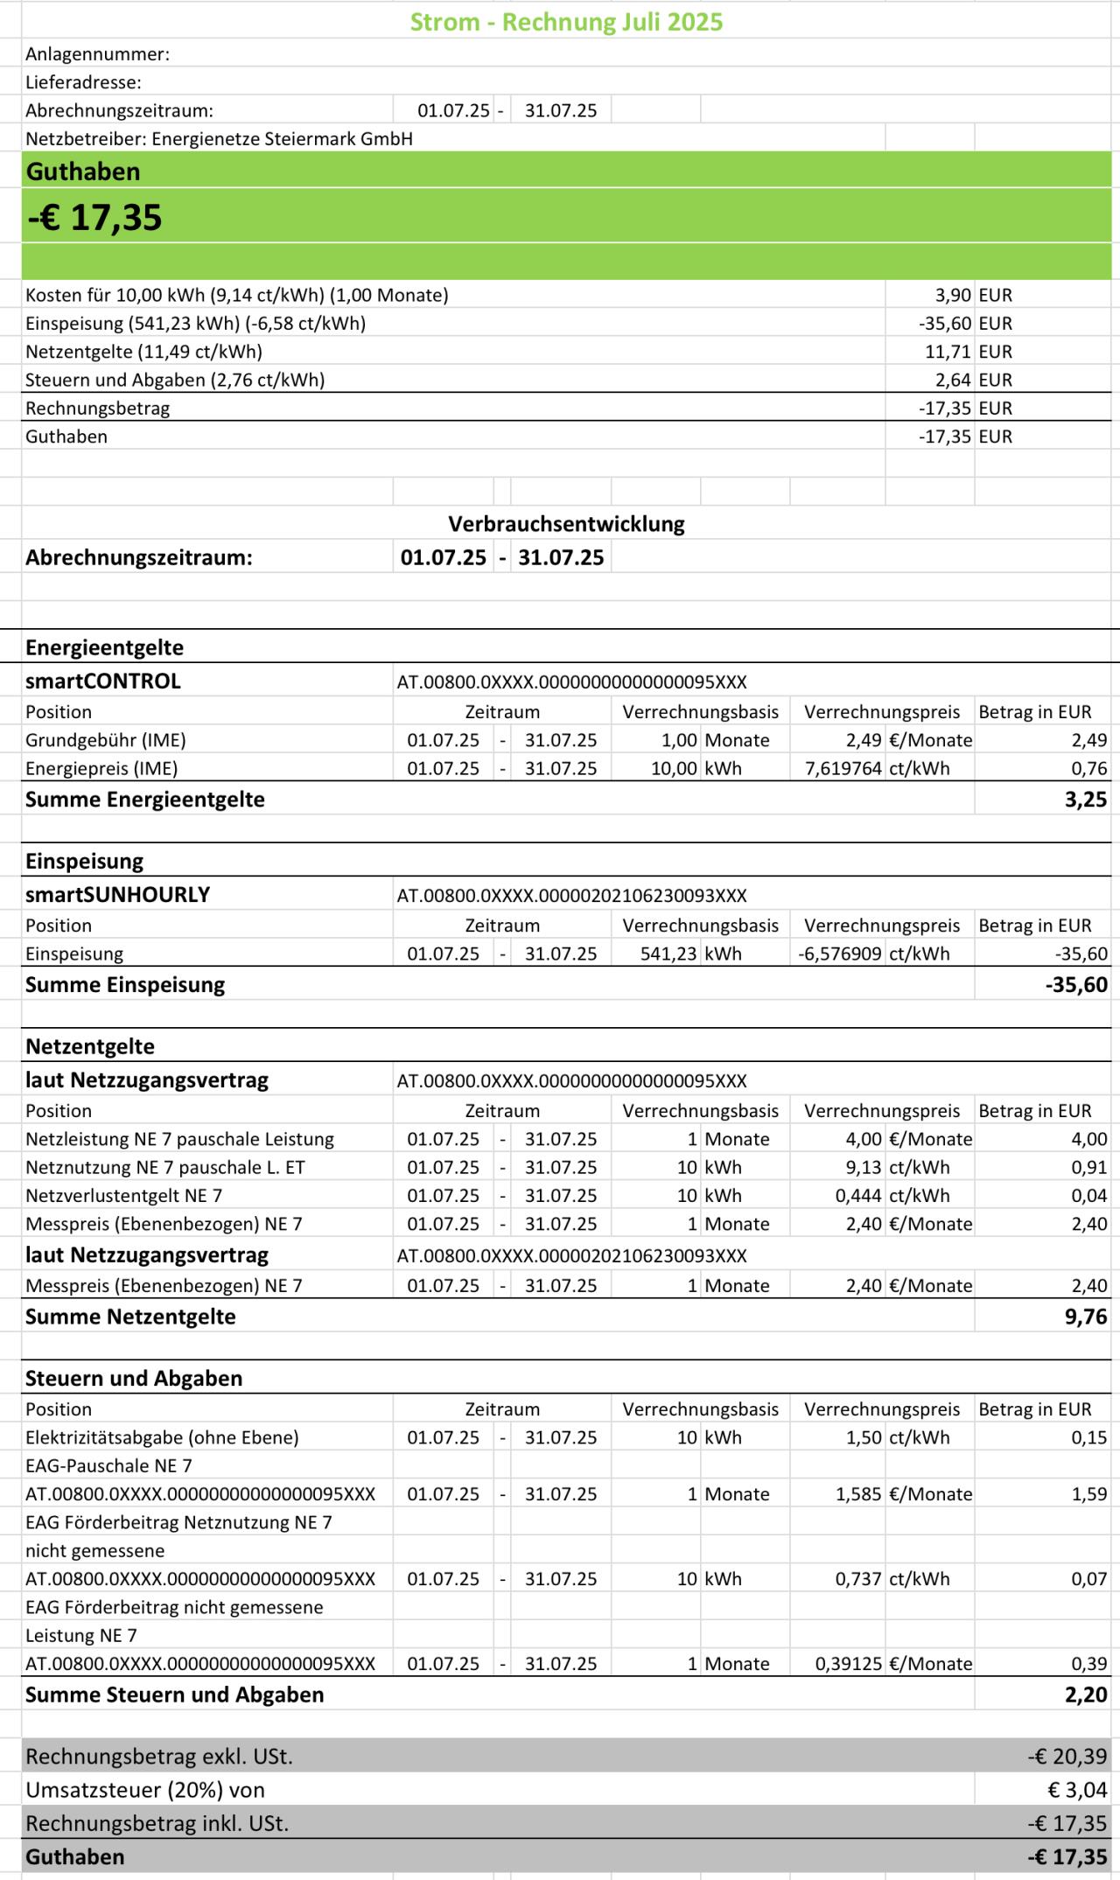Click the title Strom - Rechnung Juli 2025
566,22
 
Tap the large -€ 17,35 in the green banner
94,217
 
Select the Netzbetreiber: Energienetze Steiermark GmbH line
219,138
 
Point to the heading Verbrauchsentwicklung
566,524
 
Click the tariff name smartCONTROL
103,681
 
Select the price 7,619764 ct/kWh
875,768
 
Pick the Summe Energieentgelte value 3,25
1086,799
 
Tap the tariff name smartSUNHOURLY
117,894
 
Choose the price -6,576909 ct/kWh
873,954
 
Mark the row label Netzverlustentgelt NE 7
123,1195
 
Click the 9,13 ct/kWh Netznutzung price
892,1167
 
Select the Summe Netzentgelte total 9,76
1086,1317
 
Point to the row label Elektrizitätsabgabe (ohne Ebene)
162,1437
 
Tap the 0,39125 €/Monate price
893,1664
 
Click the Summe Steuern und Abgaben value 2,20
1086,1695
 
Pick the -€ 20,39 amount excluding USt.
1067,1756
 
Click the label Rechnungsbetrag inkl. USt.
157,1823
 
